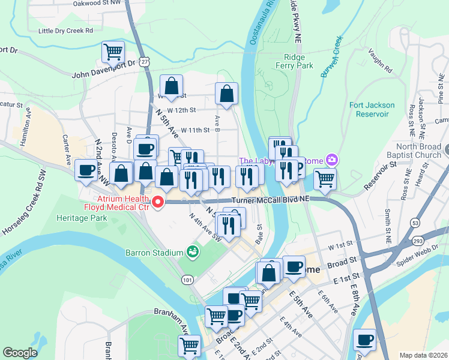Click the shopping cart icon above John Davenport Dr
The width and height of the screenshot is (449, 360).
[x=113, y=52]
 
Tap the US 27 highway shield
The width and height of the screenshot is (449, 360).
[x=145, y=61]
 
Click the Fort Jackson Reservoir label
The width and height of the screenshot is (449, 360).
[x=372, y=109]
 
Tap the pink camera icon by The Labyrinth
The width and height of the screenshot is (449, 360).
[x=331, y=160]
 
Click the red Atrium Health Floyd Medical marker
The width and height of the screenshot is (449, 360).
[x=158, y=202]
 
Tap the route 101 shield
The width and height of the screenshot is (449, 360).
[x=188, y=280]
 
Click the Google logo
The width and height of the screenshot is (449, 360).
[x=20, y=353]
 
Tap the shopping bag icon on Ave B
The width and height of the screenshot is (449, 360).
[x=226, y=94]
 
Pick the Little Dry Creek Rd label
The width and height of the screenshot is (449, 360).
[x=65, y=30]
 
